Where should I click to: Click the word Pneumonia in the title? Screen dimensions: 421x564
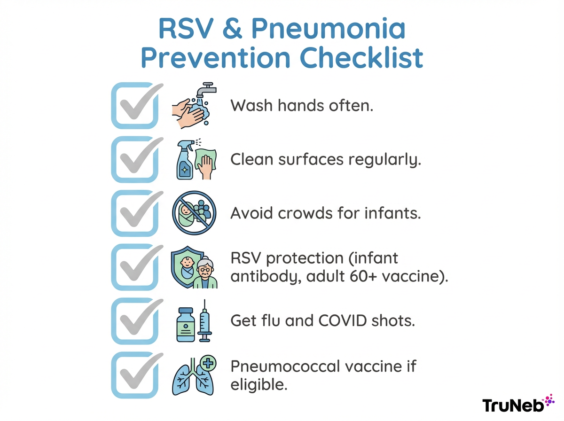tap(328, 29)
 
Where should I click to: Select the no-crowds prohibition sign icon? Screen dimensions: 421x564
tap(194, 214)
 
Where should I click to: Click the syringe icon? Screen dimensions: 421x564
tap(204, 321)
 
